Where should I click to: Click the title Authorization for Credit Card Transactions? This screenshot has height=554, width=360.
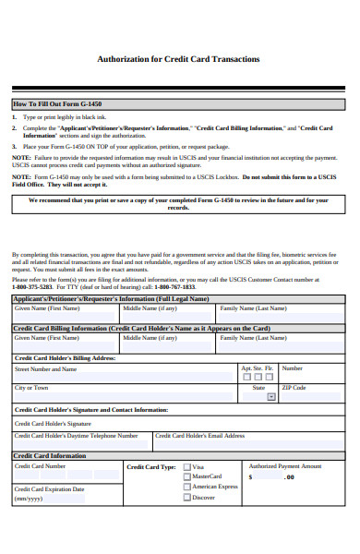point(178,59)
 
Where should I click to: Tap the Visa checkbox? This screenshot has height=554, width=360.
point(187,467)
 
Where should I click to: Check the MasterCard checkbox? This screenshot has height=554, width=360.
point(187,476)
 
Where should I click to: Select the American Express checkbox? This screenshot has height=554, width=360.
point(187,487)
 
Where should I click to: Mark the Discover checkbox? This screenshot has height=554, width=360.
point(187,497)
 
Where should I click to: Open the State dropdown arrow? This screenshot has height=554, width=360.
point(271,397)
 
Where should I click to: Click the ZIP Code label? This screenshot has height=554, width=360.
point(294,388)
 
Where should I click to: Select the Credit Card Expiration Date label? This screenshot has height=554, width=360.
point(49,489)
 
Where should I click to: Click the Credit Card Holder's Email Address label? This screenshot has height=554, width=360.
point(200,435)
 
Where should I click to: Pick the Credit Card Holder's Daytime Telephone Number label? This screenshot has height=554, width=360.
point(76,435)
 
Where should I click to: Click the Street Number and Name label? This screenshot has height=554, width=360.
point(45,368)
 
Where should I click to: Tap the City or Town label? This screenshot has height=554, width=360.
point(30,388)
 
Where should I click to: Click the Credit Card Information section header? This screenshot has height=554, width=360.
point(48,455)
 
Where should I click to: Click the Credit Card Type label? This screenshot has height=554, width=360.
point(150,467)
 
